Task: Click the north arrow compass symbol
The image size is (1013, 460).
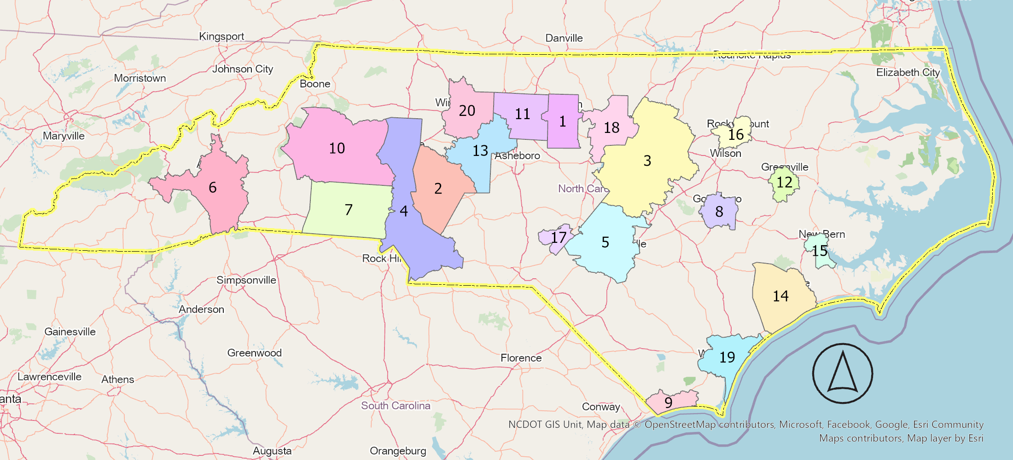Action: coord(842,374)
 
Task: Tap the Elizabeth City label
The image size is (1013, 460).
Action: coord(908,73)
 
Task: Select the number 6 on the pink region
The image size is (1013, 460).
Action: coord(212,188)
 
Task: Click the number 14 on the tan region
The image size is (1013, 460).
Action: coord(780,296)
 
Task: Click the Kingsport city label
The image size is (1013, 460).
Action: coord(221,36)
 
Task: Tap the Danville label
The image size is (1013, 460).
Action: coord(564,38)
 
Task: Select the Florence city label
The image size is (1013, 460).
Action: coord(521,358)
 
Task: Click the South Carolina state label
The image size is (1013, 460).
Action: coord(396,406)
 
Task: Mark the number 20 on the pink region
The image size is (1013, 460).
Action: coord(467,111)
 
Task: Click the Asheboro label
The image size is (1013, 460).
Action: coord(517,156)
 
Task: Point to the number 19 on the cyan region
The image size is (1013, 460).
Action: coord(727,357)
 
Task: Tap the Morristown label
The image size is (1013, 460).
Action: coord(140,78)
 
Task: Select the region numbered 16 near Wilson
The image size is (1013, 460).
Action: coord(735,134)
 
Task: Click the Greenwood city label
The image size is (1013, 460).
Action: coord(254,353)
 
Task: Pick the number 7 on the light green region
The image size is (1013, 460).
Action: coord(349,210)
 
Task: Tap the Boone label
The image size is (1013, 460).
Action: coord(315,84)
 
